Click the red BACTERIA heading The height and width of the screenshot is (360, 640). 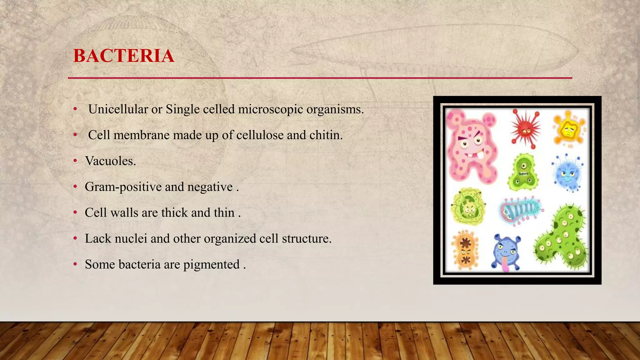123,56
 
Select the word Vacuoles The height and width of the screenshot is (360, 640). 110,161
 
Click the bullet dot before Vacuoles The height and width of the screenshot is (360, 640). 75,161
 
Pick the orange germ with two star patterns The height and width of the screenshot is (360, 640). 465,250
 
